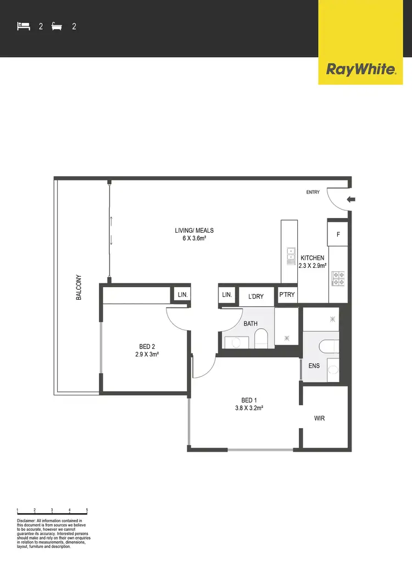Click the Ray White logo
click(x=361, y=69)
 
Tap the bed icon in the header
click(x=23, y=26)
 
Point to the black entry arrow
click(x=352, y=200)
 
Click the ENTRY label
click(x=313, y=192)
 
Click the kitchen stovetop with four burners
click(x=338, y=278)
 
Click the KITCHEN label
click(x=312, y=258)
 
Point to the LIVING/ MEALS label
click(x=191, y=231)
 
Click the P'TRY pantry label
click(x=287, y=295)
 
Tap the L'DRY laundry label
click(x=256, y=296)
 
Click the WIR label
click(x=320, y=418)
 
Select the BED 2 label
click(x=147, y=346)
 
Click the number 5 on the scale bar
click(x=87, y=511)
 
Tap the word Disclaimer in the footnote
click(x=25, y=520)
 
